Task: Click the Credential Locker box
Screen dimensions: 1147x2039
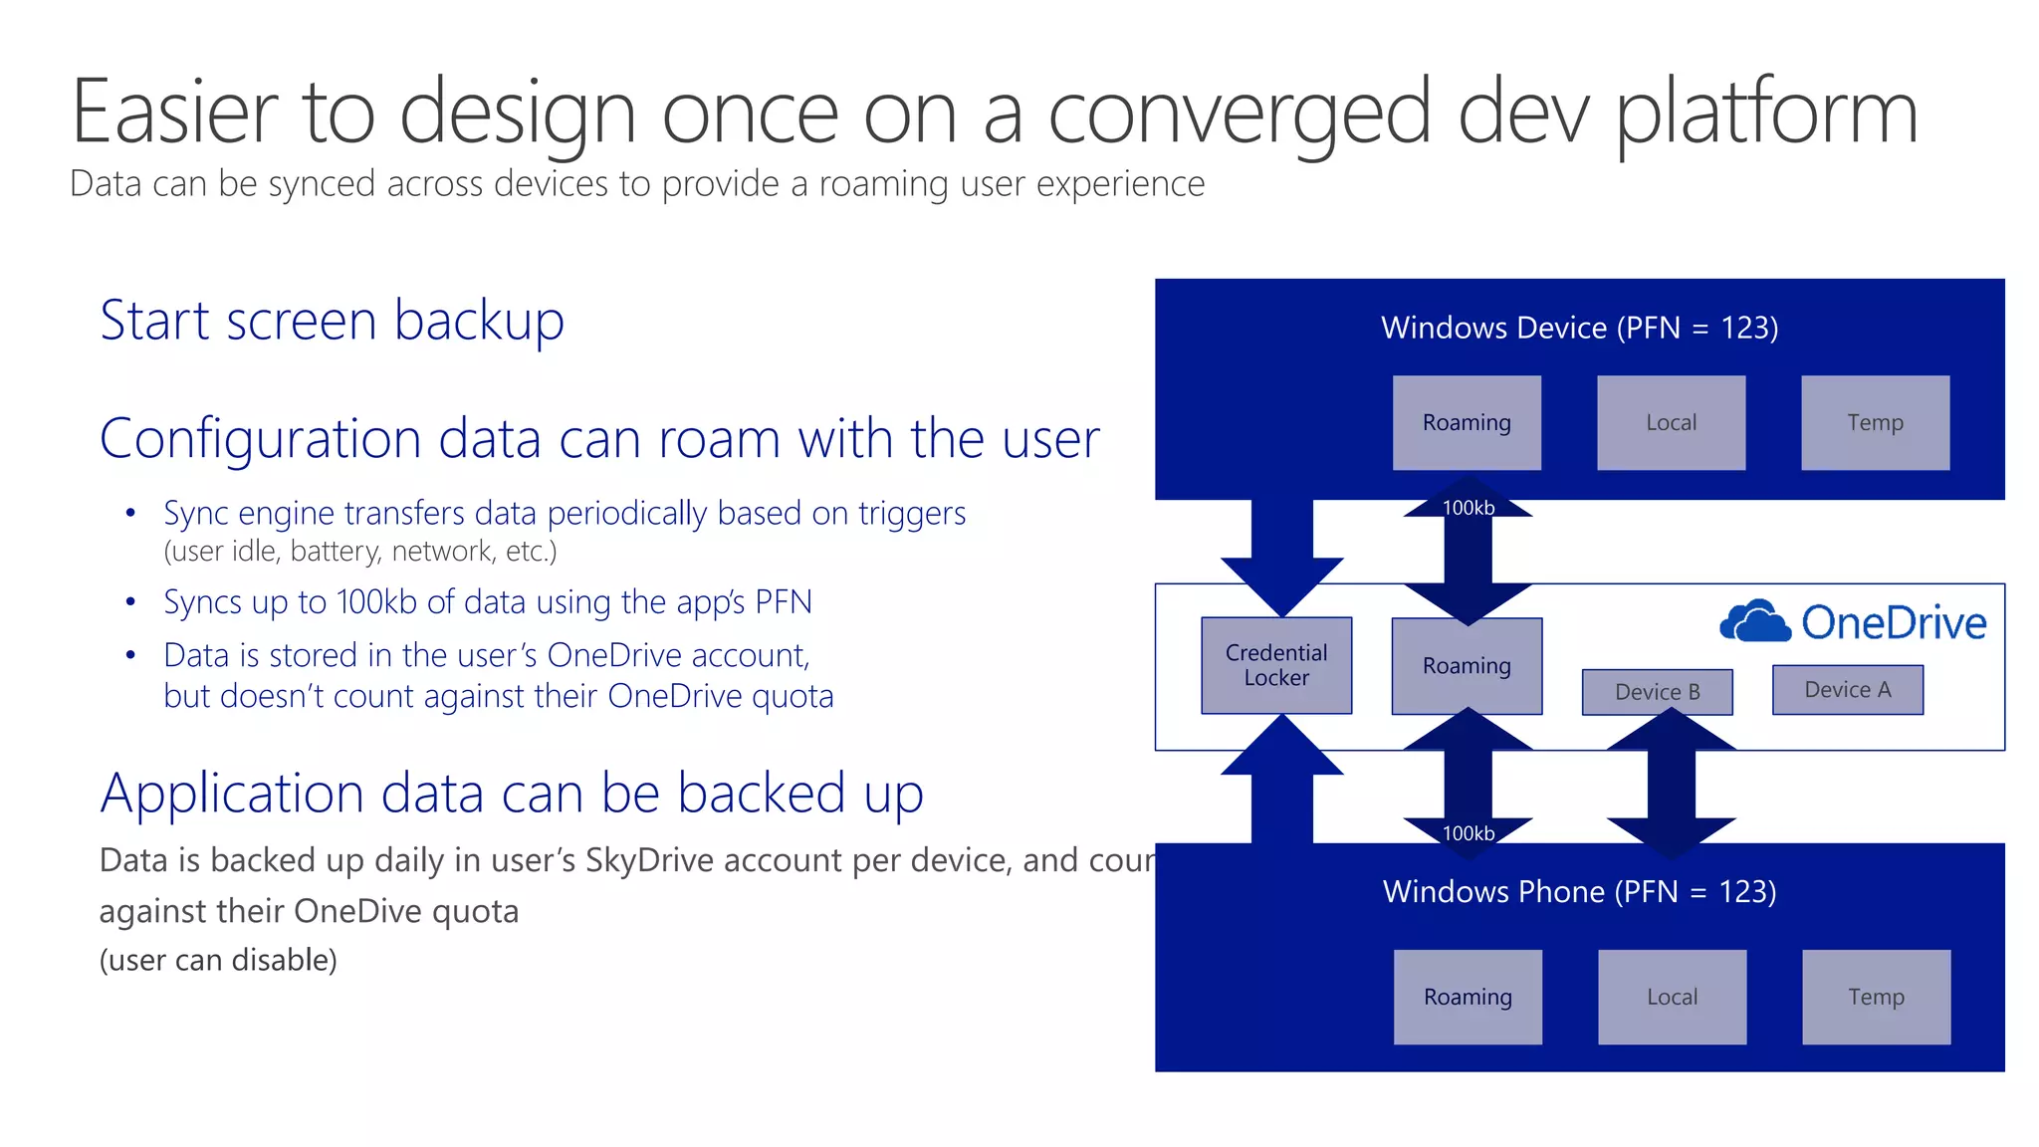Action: coord(1276,665)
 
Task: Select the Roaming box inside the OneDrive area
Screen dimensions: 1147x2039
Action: coord(1467,665)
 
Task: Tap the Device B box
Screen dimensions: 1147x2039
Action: coord(1657,692)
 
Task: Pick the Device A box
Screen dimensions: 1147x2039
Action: coord(1847,689)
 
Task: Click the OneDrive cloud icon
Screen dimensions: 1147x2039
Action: coord(1754,621)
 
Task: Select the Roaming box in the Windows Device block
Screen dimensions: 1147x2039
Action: coord(1467,422)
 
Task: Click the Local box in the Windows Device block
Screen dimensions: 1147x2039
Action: coord(1671,422)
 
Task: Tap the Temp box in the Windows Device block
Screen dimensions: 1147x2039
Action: coord(1875,422)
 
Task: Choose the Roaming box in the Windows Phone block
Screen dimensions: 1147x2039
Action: coord(1468,997)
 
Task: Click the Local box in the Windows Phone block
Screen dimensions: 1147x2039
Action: coord(1672,997)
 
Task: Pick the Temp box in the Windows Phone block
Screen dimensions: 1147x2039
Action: coord(1876,997)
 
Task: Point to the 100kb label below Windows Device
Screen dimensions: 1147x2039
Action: coord(1469,508)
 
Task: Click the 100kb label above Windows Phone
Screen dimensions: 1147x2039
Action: coord(1469,833)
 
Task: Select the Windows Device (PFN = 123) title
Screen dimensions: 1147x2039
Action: coord(1579,328)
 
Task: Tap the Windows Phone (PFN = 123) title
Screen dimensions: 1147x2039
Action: coord(1579,891)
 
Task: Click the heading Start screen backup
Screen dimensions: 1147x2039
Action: coord(332,321)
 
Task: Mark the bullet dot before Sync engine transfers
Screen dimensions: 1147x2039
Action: coord(130,514)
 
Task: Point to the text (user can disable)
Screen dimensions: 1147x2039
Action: coord(218,960)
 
